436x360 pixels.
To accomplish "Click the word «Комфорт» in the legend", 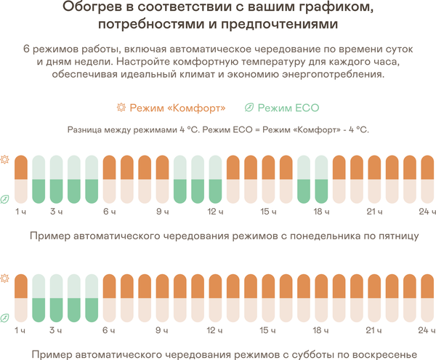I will pos(192,108).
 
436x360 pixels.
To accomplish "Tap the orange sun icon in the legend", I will pos(121,108).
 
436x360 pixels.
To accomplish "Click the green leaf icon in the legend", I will pos(249,108).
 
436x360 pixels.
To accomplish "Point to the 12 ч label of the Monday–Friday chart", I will pos(214,212).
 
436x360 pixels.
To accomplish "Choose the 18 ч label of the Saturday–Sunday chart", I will pos(320,331).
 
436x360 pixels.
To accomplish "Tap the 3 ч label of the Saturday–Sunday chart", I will pos(55,331).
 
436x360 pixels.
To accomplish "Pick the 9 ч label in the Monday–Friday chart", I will pos(162,212).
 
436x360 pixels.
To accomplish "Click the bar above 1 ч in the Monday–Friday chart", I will pos(21,178).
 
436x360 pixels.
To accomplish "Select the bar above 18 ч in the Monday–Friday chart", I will pos(321,178).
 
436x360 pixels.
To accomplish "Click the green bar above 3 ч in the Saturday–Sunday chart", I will pos(56,311).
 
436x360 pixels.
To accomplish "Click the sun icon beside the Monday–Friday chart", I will pos(6,159).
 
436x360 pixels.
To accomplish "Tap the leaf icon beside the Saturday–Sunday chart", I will pos(6,317).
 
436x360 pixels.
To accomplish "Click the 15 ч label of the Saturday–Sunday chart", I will pos(267,331).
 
